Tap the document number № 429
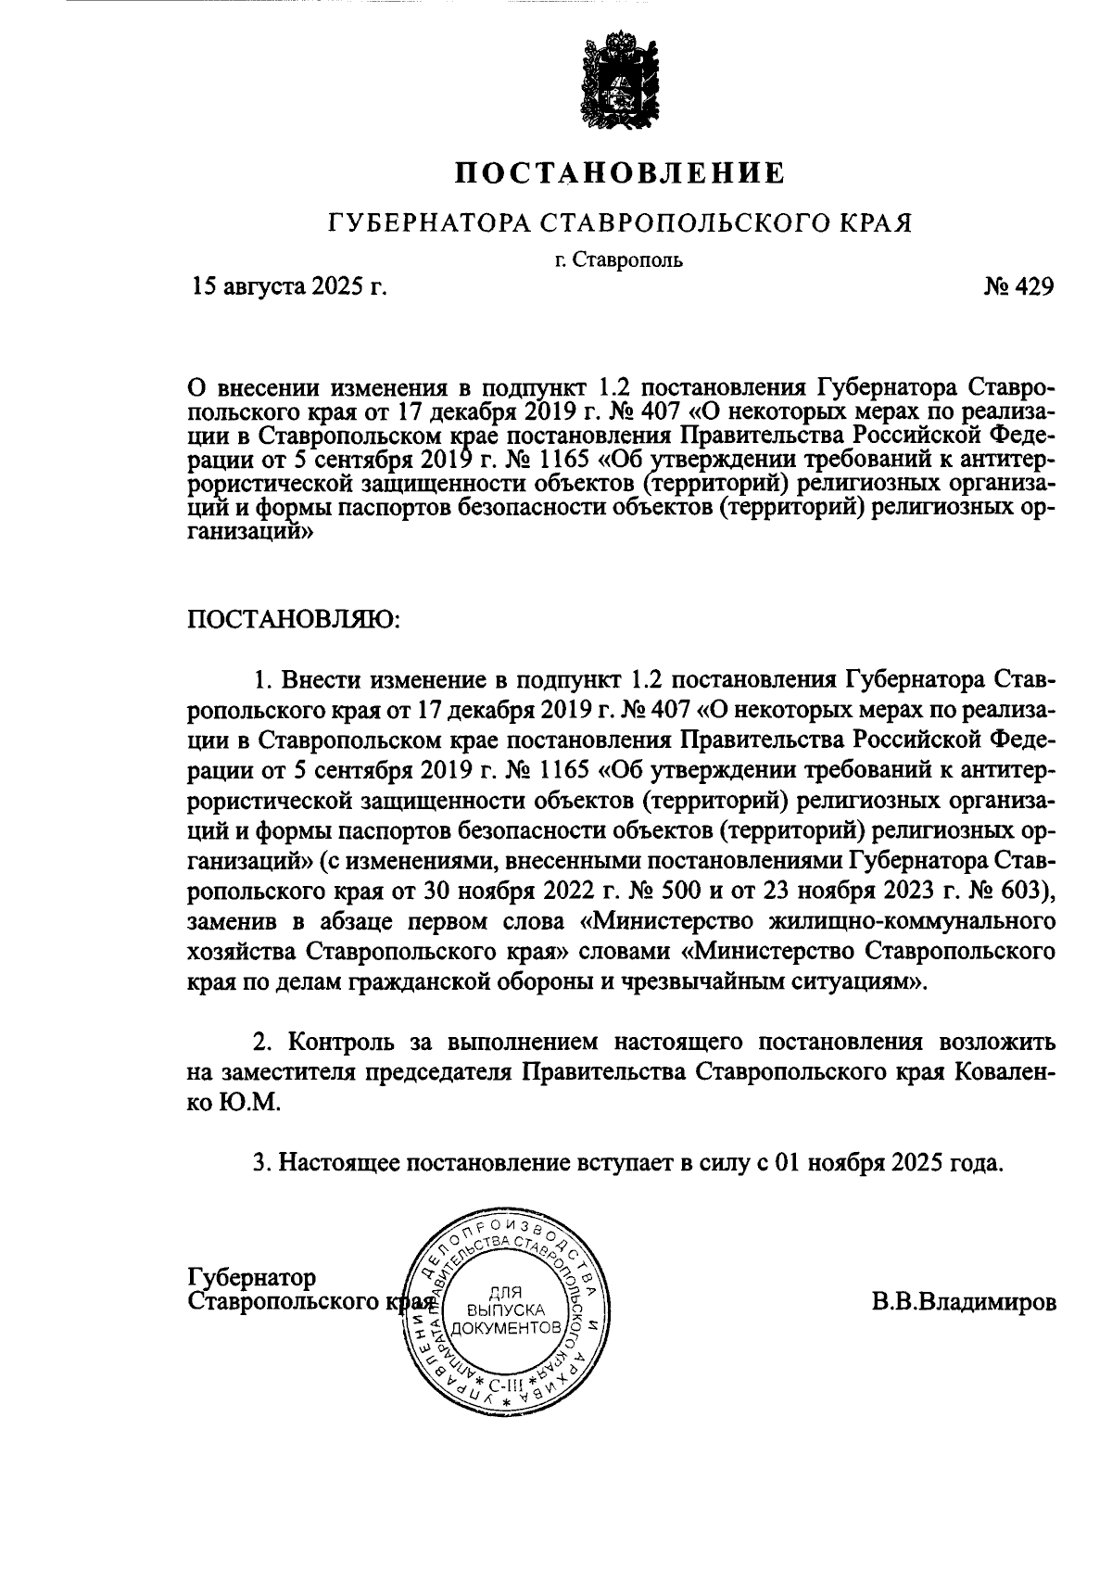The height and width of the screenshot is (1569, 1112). [1017, 288]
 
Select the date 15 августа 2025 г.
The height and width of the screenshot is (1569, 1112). [288, 288]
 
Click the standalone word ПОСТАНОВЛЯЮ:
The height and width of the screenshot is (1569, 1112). [294, 619]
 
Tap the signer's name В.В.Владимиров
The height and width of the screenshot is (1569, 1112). [962, 1301]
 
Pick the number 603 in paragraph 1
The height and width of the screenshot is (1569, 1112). [1025, 892]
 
